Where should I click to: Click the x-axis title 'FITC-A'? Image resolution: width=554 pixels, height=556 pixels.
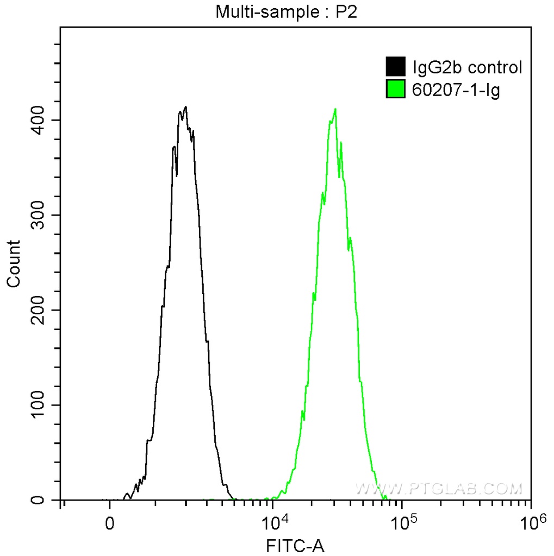pyautogui.click(x=295, y=545)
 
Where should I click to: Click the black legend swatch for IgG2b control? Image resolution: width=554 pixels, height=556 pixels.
pyautogui.click(x=395, y=67)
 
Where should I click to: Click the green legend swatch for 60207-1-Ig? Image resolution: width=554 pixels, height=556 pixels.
pyautogui.click(x=395, y=89)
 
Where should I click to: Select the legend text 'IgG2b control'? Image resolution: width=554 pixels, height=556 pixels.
pyautogui.click(x=468, y=68)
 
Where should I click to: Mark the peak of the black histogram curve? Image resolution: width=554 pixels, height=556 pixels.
pyautogui.click(x=186, y=107)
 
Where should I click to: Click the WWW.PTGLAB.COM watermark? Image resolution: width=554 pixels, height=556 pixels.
pyautogui.click(x=438, y=489)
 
